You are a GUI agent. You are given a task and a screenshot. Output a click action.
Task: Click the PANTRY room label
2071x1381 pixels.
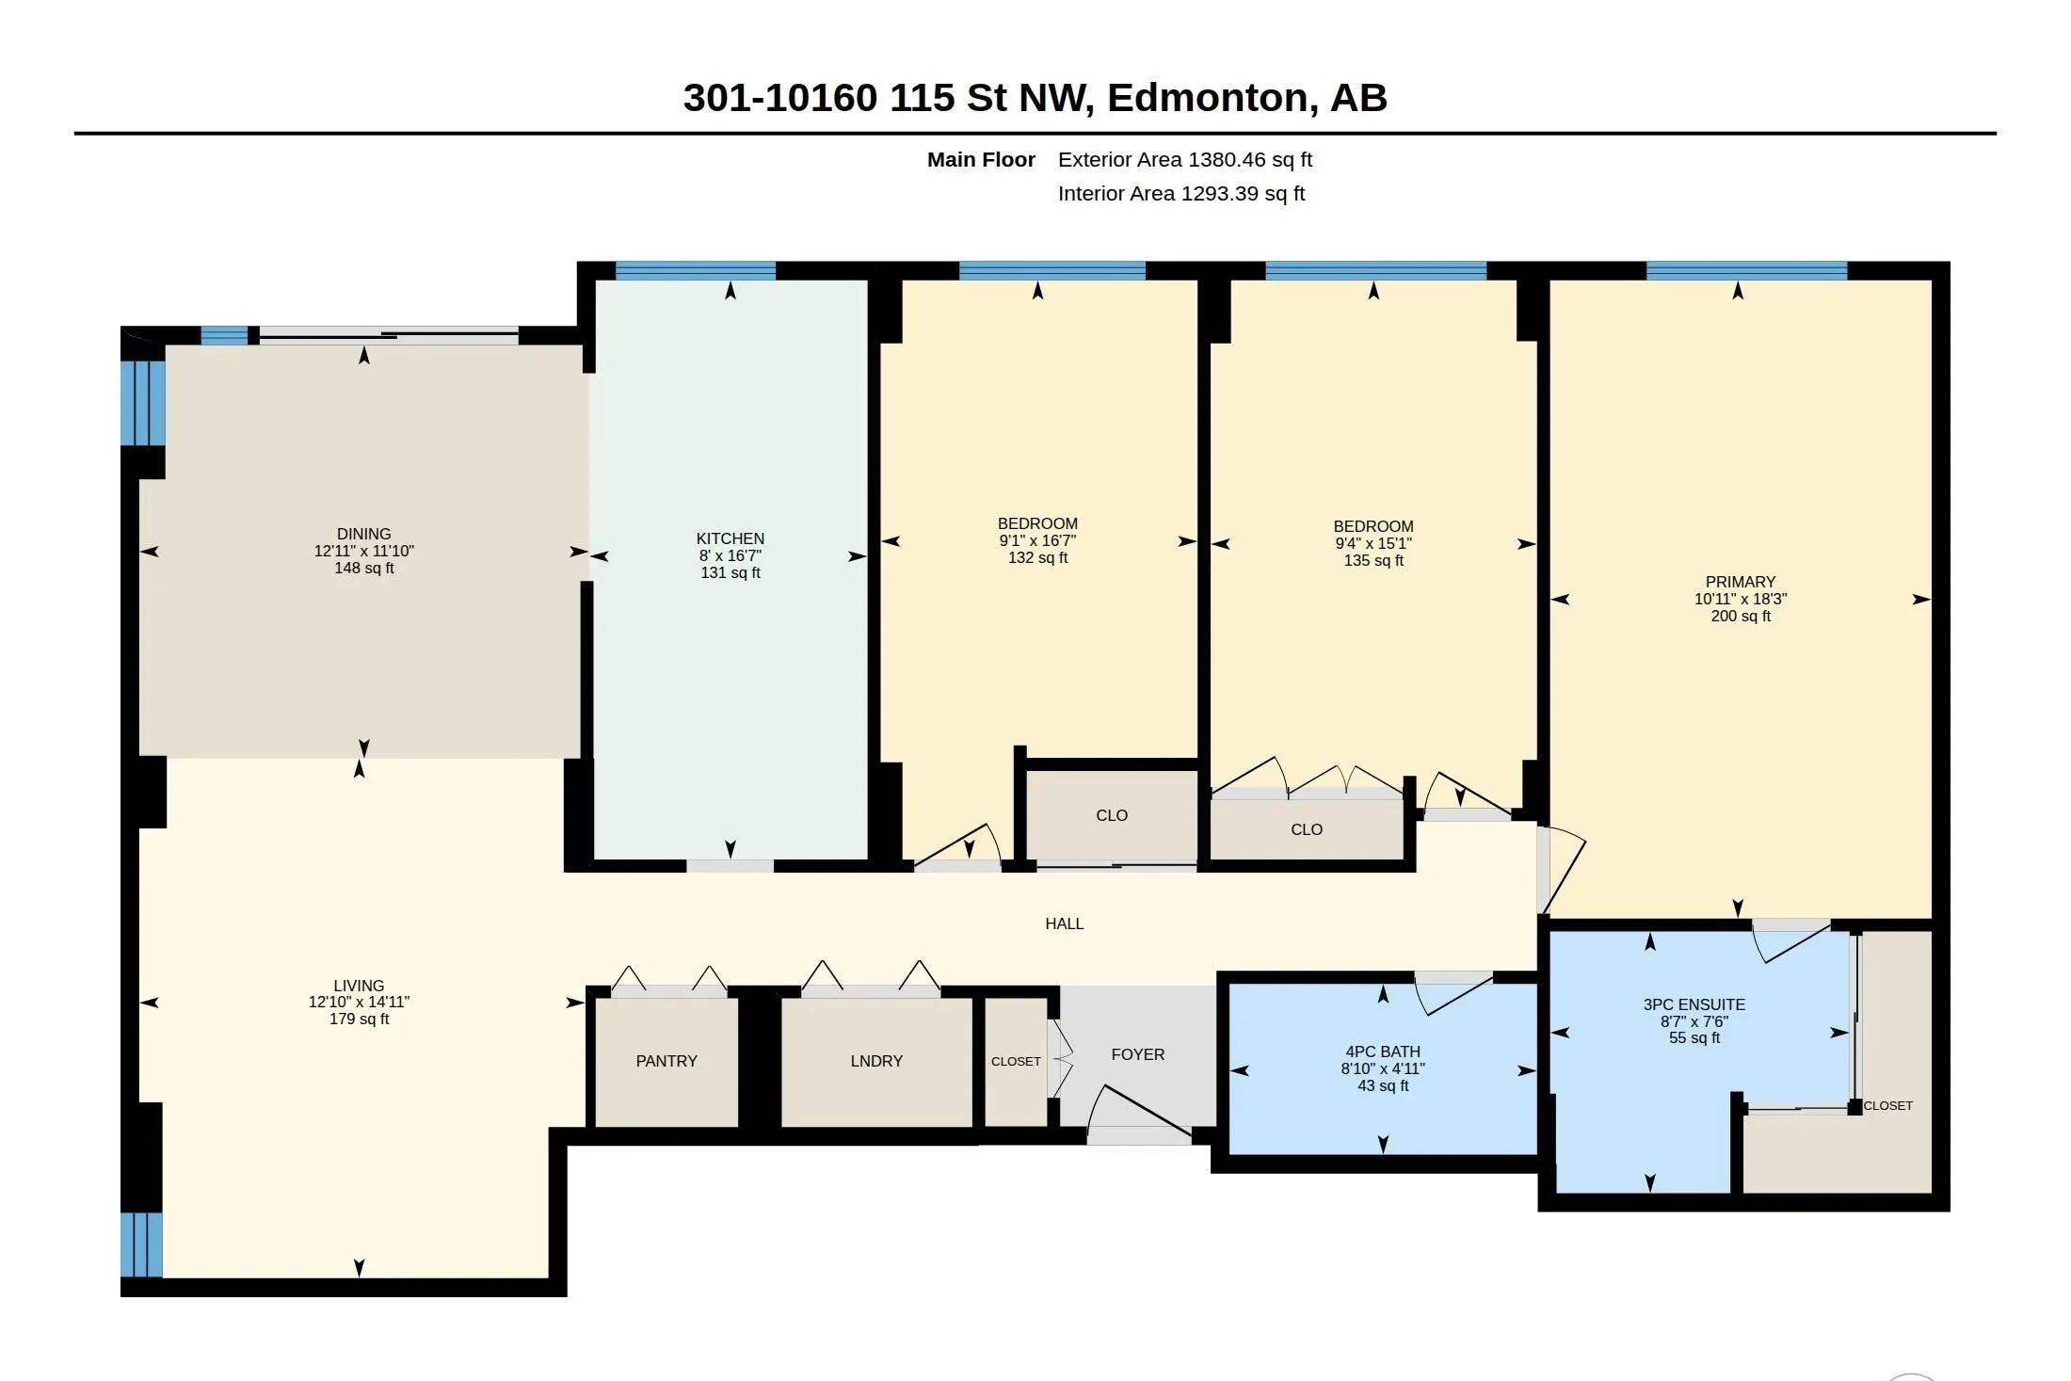pos(666,1061)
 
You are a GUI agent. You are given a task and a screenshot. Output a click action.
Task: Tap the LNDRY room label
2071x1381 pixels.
pos(876,1061)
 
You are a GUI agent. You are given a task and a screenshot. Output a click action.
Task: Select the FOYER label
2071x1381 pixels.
pos(1138,1054)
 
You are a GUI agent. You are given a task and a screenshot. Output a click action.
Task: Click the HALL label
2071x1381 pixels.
pos(1065,923)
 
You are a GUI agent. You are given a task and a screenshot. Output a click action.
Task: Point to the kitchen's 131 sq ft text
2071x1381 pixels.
pos(730,572)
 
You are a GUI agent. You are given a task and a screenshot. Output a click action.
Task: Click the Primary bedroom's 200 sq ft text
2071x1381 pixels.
pos(1741,616)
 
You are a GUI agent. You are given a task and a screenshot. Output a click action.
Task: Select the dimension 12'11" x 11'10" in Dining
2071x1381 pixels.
pos(364,551)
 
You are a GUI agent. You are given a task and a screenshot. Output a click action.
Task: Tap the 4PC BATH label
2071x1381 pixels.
pos(1383,1052)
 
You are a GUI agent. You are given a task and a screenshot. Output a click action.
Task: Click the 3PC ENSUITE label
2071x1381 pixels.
pos(1694,1004)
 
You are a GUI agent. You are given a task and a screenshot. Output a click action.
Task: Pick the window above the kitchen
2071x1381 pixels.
pos(696,271)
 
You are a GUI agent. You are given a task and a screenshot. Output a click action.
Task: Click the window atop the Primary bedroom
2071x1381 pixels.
pos(1747,271)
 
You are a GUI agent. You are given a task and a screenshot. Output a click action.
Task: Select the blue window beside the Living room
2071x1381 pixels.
pos(142,1245)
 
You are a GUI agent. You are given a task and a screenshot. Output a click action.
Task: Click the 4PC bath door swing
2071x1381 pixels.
pos(1453,994)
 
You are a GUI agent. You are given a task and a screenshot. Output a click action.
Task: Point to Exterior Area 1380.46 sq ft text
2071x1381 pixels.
pos(1185,160)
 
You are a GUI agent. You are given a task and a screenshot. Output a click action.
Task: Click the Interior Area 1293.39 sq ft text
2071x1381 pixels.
pos(1181,194)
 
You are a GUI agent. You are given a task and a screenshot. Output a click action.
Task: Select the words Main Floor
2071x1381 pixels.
pos(981,160)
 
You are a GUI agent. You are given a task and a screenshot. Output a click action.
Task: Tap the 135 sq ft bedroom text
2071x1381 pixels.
pos(1373,560)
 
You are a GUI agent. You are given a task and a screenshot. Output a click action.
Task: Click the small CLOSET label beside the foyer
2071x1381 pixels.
pos(1016,1061)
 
